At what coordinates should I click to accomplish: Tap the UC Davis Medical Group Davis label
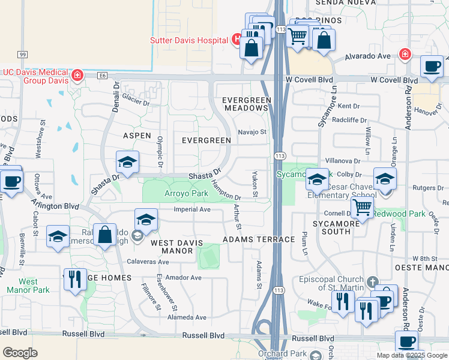36,76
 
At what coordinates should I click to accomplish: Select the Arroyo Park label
186,194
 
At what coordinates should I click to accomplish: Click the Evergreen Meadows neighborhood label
245,103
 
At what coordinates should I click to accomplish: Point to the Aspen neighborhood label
137,136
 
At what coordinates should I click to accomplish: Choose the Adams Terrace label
259,239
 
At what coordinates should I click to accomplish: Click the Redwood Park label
399,214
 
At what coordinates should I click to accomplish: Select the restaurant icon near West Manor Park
75,280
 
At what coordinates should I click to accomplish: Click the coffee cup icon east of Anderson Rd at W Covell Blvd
432,67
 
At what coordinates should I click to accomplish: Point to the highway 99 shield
23,55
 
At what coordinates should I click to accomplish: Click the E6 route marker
103,76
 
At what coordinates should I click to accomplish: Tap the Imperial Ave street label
192,209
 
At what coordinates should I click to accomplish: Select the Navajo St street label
252,131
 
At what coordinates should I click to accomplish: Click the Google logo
20,353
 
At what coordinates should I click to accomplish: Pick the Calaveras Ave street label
148,262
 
